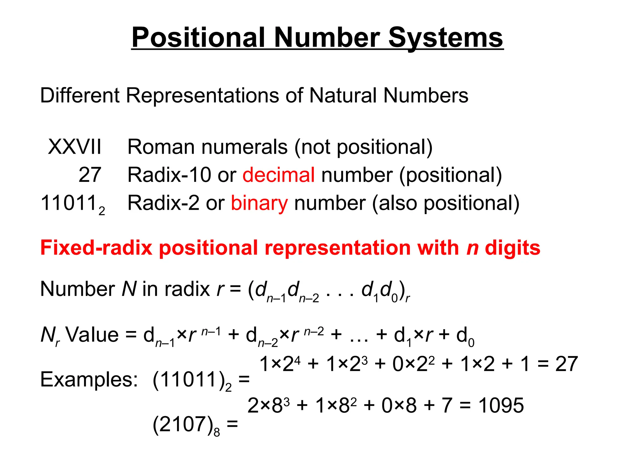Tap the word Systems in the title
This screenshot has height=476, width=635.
tap(446, 38)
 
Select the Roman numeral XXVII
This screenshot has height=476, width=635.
tap(75, 147)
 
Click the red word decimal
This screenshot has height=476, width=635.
tap(278, 175)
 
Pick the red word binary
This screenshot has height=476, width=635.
tap(259, 203)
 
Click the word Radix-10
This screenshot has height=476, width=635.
tap(170, 175)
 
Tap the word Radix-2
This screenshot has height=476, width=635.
tap(163, 203)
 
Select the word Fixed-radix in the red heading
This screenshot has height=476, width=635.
tap(96, 248)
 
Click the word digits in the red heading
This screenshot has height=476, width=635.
tap(513, 249)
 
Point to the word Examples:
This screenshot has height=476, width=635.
tap(89, 379)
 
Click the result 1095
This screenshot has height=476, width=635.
tap(501, 405)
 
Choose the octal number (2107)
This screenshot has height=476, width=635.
tap(183, 424)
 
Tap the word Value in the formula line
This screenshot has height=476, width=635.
tap(92, 335)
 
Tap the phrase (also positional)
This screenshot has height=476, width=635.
tap(446, 204)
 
